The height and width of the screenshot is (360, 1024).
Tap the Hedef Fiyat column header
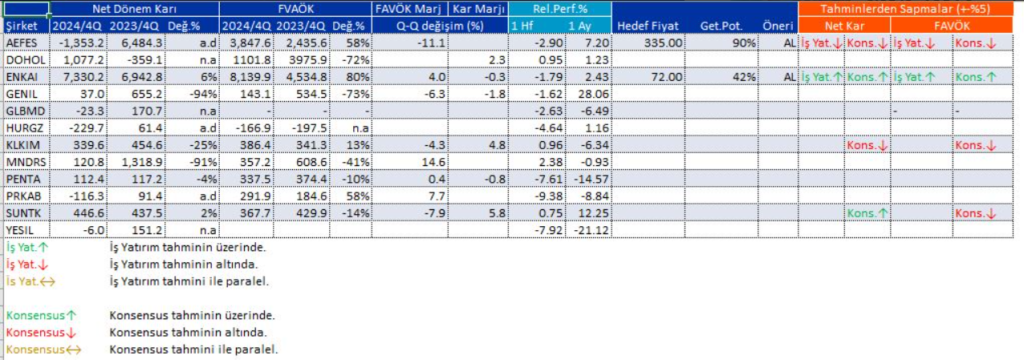point(648,24)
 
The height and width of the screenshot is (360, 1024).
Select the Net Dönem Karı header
point(120,9)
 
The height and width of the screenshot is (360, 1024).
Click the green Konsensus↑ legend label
point(36,315)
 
